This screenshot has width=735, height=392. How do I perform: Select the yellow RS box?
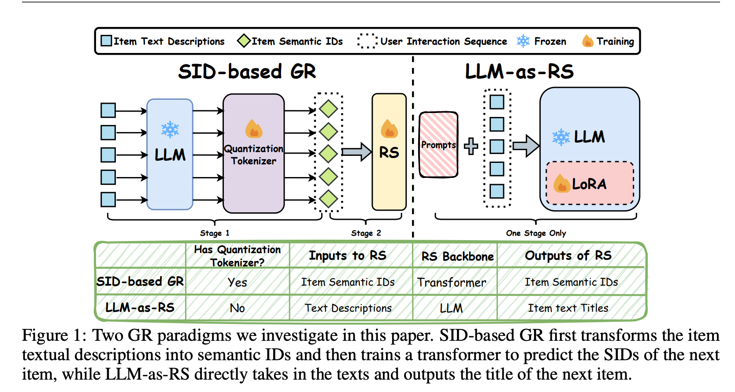(x=389, y=152)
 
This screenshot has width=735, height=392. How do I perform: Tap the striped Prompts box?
(x=438, y=145)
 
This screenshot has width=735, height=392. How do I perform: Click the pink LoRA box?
(x=590, y=184)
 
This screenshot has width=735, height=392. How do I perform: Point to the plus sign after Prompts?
(x=471, y=146)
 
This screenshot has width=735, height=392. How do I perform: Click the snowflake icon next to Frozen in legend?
(x=523, y=41)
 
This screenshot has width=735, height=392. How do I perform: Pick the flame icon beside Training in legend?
(x=587, y=41)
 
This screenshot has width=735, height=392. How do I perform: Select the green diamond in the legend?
(x=244, y=41)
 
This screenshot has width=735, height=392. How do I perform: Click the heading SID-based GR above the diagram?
(x=247, y=72)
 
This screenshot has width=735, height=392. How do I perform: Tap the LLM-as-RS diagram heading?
(x=519, y=72)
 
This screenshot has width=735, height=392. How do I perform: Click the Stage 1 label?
(x=215, y=233)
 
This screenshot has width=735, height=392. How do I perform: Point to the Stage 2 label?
(x=366, y=233)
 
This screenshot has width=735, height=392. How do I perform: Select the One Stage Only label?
(x=536, y=233)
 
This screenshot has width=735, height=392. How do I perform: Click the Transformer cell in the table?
(x=452, y=283)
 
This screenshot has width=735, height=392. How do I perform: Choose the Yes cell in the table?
(x=237, y=283)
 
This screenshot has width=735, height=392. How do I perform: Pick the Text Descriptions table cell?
(x=348, y=308)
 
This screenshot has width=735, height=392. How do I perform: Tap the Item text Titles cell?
(x=568, y=308)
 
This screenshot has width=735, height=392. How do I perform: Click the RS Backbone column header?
(x=457, y=256)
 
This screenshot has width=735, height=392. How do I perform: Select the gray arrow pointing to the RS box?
(x=356, y=152)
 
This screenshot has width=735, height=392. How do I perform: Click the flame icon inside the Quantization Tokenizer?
(x=254, y=129)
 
